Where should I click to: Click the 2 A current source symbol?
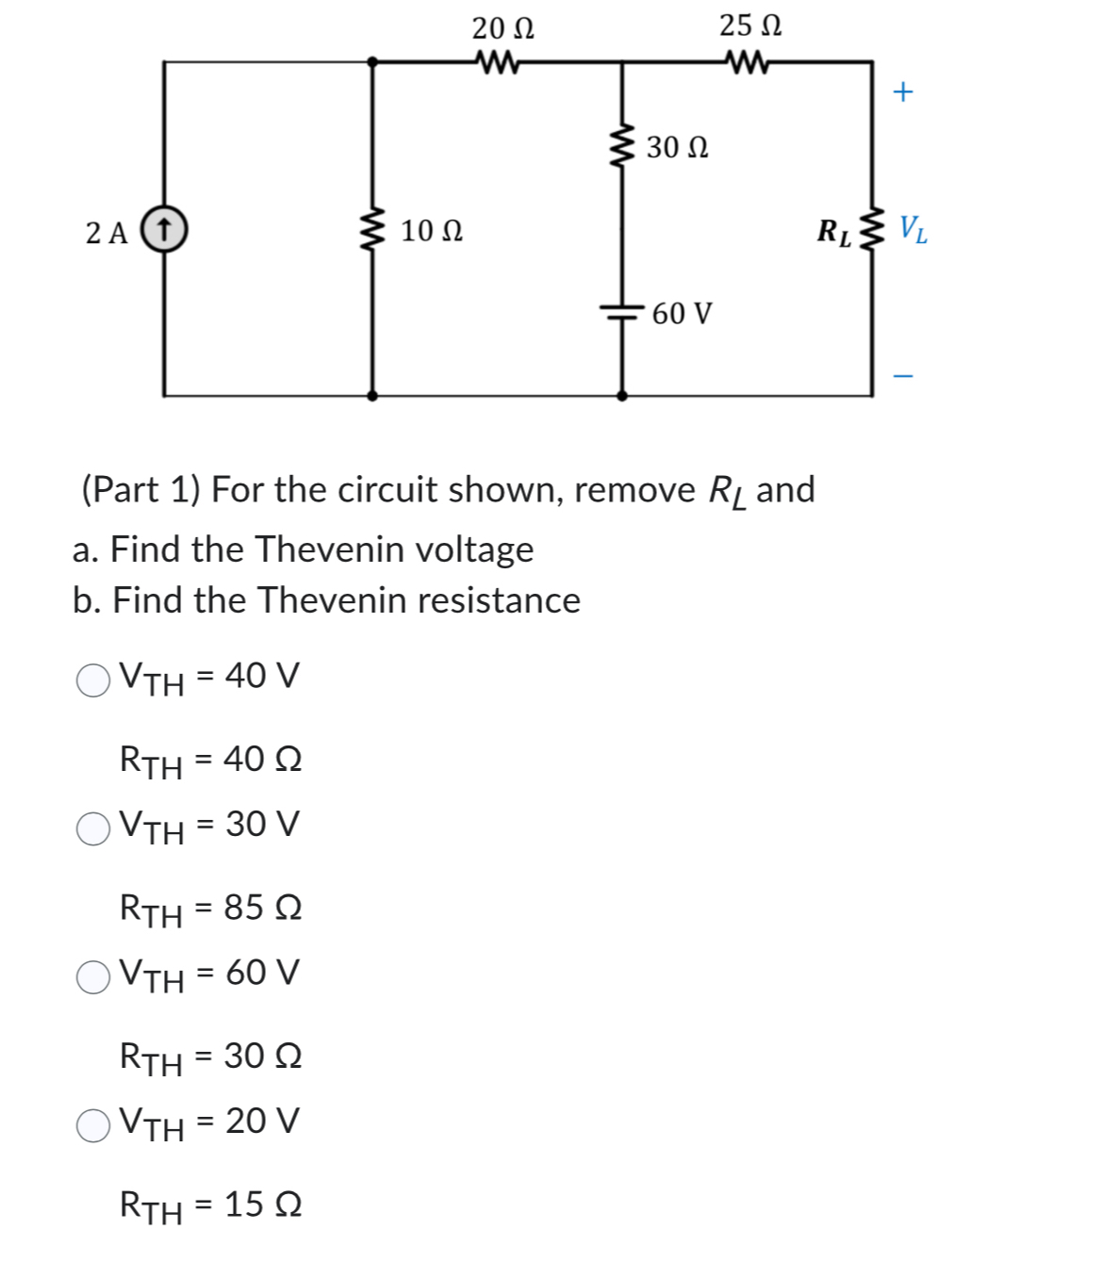[x=164, y=230]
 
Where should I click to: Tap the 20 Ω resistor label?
[x=502, y=28]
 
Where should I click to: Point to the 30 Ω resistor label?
[x=677, y=148]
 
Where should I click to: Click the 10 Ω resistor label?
[x=431, y=231]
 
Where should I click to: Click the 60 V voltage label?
[x=682, y=313]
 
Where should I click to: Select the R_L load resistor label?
[x=833, y=232]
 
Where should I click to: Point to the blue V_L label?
[x=913, y=229]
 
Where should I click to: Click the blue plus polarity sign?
[x=903, y=91]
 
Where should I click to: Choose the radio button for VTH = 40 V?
[x=93, y=680]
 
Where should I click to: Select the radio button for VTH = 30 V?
[x=93, y=828]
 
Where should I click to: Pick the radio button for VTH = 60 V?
[x=93, y=976]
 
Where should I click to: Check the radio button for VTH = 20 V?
[x=93, y=1125]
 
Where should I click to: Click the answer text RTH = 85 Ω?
[x=210, y=909]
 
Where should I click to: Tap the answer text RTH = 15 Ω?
[x=210, y=1205]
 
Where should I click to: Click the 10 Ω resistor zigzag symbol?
[x=373, y=231]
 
